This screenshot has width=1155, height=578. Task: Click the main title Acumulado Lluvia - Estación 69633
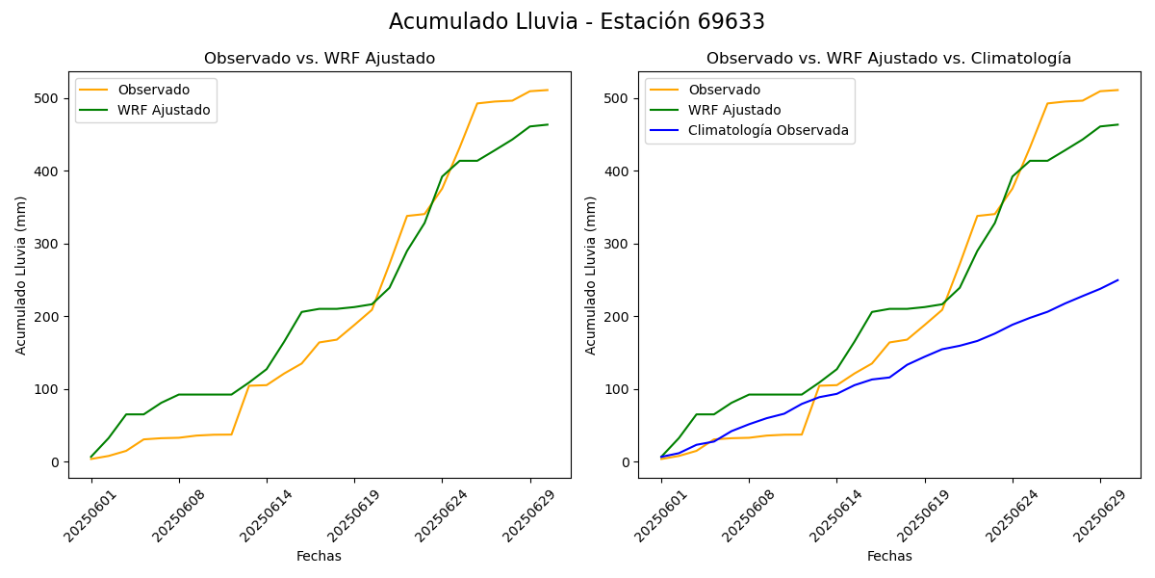point(577,21)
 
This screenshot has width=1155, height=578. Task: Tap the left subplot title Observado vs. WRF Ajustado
point(320,59)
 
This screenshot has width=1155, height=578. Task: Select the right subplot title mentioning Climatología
point(888,59)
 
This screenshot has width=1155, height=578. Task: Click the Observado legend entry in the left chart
point(153,90)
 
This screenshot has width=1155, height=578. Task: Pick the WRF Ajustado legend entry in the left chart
point(164,110)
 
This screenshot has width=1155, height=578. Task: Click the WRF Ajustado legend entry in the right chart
point(734,110)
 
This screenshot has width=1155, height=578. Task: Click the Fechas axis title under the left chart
point(319,556)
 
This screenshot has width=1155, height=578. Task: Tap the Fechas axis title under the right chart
point(889,556)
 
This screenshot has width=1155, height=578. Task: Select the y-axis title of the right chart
point(591,276)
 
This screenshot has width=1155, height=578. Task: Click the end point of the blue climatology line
point(1117,280)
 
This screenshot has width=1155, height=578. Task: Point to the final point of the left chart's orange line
point(548,91)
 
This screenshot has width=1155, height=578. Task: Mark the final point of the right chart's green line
point(1117,124)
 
